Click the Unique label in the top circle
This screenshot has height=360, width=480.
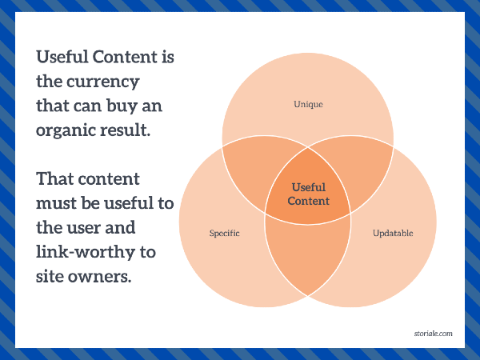[x=308, y=104]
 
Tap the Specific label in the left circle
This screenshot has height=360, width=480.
[x=224, y=234]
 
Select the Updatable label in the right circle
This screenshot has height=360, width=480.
[x=393, y=234]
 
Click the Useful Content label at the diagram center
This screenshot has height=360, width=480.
[x=308, y=194]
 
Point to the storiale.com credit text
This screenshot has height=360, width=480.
[x=433, y=334]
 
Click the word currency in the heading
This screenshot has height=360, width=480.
[x=103, y=82]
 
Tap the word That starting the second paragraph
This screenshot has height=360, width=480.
[x=54, y=178]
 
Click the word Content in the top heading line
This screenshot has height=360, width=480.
[x=125, y=57]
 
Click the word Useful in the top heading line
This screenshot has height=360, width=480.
[x=62, y=57]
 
